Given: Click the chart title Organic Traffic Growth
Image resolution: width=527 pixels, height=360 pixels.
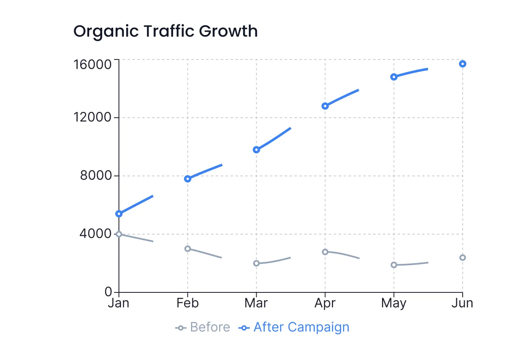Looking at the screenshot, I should pyautogui.click(x=165, y=31).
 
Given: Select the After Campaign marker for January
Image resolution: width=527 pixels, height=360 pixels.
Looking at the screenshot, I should pyautogui.click(x=119, y=214).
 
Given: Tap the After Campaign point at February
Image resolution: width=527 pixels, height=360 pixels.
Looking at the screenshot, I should pyautogui.click(x=188, y=179).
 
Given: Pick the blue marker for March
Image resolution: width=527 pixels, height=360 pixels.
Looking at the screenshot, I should pyautogui.click(x=256, y=149).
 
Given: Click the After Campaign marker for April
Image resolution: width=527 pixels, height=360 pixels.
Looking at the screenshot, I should pyautogui.click(x=325, y=106).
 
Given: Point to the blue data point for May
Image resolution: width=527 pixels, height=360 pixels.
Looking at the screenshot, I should pyautogui.click(x=393, y=77).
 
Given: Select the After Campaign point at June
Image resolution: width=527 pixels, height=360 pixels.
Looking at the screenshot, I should pyautogui.click(x=462, y=64).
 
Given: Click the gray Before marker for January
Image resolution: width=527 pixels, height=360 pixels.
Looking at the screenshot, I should pyautogui.click(x=119, y=234).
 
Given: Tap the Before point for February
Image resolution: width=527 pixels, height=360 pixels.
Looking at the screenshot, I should pyautogui.click(x=188, y=248).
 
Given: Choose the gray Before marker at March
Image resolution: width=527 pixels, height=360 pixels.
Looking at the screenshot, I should pyautogui.click(x=256, y=263).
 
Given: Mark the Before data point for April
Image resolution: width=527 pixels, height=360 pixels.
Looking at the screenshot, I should pyautogui.click(x=325, y=252).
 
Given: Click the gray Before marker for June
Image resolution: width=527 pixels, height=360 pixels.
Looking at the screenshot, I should pyautogui.click(x=462, y=257).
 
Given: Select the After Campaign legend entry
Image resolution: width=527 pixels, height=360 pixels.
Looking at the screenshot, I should pyautogui.click(x=295, y=327).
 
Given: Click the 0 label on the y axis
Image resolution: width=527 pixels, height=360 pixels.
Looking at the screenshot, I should pyautogui.click(x=108, y=292).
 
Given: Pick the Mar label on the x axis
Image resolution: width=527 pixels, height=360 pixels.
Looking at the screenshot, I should pyautogui.click(x=256, y=304).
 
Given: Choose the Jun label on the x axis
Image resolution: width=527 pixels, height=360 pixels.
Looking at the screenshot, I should pyautogui.click(x=462, y=304).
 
